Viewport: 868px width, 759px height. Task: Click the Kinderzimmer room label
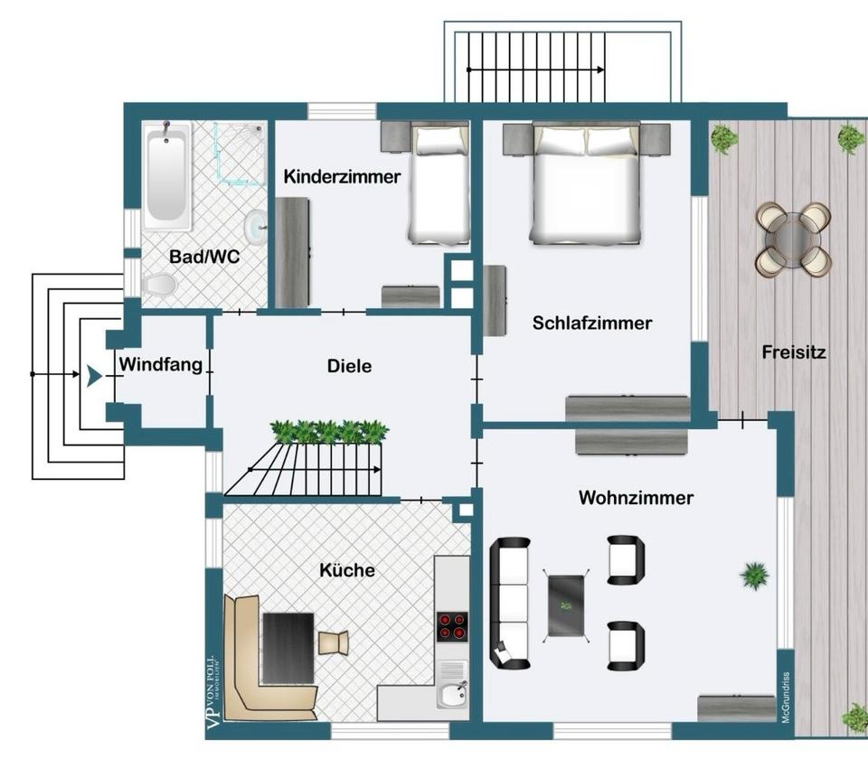coord(342,177)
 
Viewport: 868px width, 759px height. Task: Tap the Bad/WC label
coord(204,257)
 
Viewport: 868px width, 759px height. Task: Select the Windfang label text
coord(161,364)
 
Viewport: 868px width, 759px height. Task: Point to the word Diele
coord(349,366)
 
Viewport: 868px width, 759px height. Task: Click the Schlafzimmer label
coord(592,323)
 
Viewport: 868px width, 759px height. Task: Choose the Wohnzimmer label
coord(636,497)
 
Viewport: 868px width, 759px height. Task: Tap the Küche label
coord(347,570)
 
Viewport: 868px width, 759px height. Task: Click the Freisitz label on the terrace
coord(794,351)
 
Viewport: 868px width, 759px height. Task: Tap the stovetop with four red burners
coord(452,626)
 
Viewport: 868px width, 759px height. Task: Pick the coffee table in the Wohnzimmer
coord(566,605)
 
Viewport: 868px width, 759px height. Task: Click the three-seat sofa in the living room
coord(510,603)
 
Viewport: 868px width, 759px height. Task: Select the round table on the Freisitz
coord(793,240)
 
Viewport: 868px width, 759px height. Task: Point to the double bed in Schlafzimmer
coord(586,183)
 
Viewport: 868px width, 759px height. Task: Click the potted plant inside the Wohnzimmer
coord(754,576)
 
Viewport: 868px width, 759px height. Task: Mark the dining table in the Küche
coord(288,648)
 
